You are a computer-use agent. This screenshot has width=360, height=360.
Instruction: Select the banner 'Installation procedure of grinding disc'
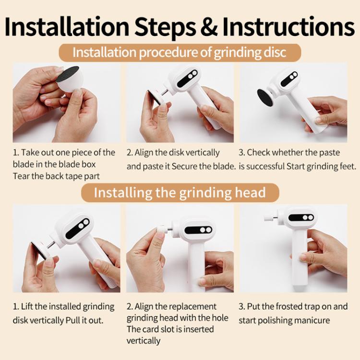(x=180, y=52)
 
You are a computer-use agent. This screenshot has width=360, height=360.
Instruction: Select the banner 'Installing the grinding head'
(x=180, y=193)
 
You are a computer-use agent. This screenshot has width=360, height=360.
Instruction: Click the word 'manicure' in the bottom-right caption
(x=313, y=320)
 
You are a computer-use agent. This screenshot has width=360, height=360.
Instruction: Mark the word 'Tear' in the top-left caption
(x=21, y=176)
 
